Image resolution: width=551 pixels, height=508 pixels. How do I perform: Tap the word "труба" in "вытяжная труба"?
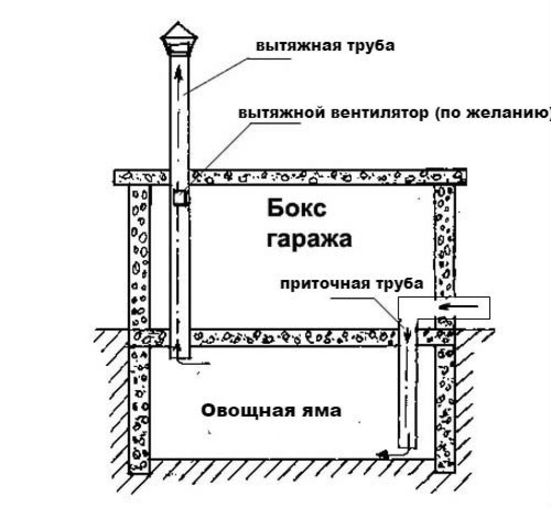[x=371, y=45]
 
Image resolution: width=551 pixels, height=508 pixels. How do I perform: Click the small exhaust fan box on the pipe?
[x=180, y=198]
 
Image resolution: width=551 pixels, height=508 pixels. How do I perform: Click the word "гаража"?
[x=309, y=238]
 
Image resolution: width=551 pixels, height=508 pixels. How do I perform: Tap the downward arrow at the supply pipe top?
[x=408, y=334]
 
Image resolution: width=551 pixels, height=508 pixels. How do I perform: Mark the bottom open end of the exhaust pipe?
[x=180, y=357]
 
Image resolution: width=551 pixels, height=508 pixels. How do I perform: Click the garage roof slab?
[x=323, y=176]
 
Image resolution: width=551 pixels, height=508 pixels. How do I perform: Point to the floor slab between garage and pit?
[x=296, y=337]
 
